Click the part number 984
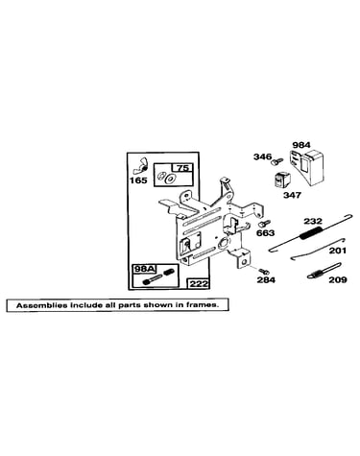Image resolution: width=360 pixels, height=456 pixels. (x=301, y=145)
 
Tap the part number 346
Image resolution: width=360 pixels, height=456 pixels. (x=262, y=156)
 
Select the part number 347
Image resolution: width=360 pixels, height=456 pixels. (x=292, y=195)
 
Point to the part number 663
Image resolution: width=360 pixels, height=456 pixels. (x=265, y=232)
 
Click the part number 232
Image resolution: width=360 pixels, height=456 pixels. (x=313, y=221)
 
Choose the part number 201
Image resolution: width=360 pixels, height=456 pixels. (x=337, y=251)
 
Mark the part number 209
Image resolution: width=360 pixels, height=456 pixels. (x=338, y=279)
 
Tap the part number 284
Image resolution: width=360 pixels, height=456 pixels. (x=266, y=279)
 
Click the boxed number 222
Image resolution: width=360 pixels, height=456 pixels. (x=198, y=283)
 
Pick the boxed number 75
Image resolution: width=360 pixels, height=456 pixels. (x=182, y=168)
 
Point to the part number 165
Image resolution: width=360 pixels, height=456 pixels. (x=138, y=180)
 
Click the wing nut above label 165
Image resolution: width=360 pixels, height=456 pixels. (x=140, y=165)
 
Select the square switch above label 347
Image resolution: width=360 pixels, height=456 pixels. (x=281, y=180)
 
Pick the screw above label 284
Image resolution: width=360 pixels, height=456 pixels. (x=264, y=271)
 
